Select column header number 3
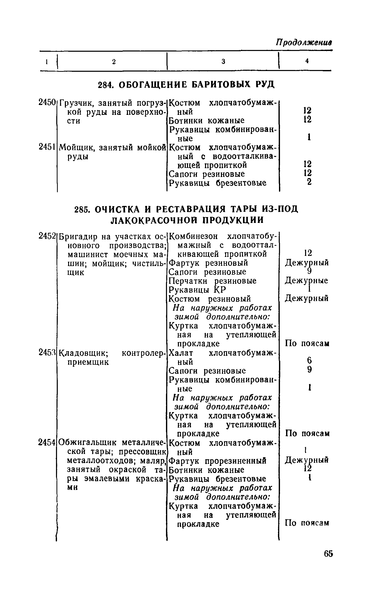click(223, 61)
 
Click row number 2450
click(47, 103)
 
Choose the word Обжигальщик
click(88, 443)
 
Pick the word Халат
click(181, 353)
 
